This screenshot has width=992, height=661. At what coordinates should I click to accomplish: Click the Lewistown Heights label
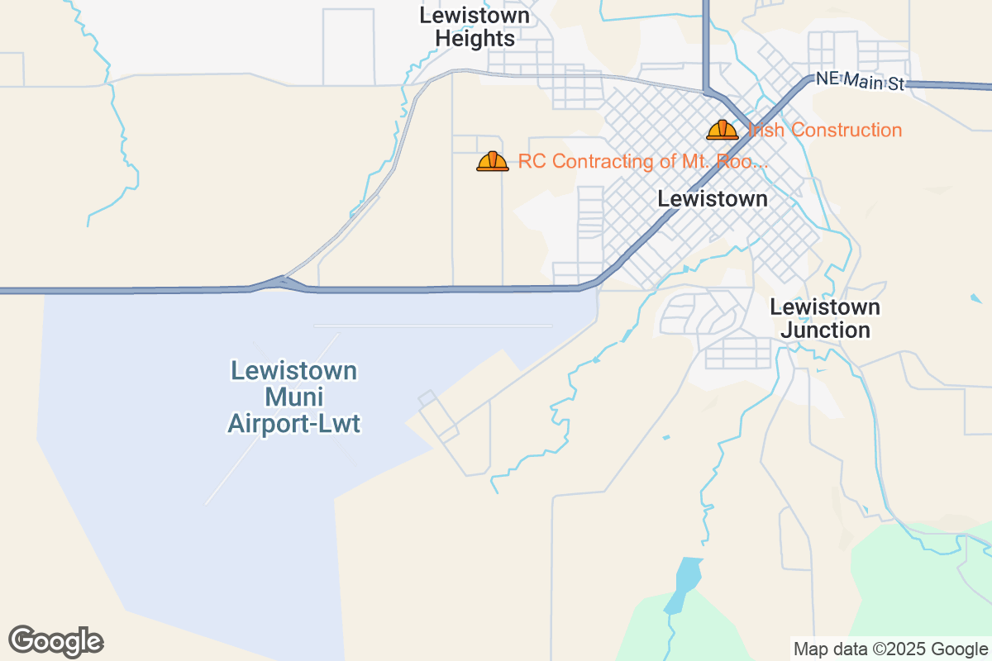(475, 26)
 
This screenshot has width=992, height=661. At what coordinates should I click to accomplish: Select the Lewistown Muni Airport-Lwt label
(294, 397)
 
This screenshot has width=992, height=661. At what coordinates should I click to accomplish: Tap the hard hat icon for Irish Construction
(722, 130)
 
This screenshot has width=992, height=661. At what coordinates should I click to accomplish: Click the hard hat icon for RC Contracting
(493, 161)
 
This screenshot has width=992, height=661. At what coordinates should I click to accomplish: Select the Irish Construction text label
(825, 130)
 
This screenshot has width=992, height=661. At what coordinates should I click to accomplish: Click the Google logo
(55, 641)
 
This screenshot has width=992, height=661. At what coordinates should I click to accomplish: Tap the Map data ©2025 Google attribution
(890, 649)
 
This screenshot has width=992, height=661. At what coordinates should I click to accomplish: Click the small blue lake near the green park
(685, 582)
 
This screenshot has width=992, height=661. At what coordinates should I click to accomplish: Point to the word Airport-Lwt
(294, 425)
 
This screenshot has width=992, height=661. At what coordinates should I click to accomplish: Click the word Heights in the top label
(475, 39)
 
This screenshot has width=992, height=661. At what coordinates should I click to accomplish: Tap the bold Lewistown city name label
(713, 199)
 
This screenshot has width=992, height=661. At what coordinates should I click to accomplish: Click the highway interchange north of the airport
(281, 283)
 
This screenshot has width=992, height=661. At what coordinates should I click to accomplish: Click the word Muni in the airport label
(294, 397)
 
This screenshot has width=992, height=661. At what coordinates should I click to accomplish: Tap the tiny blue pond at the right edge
(977, 298)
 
